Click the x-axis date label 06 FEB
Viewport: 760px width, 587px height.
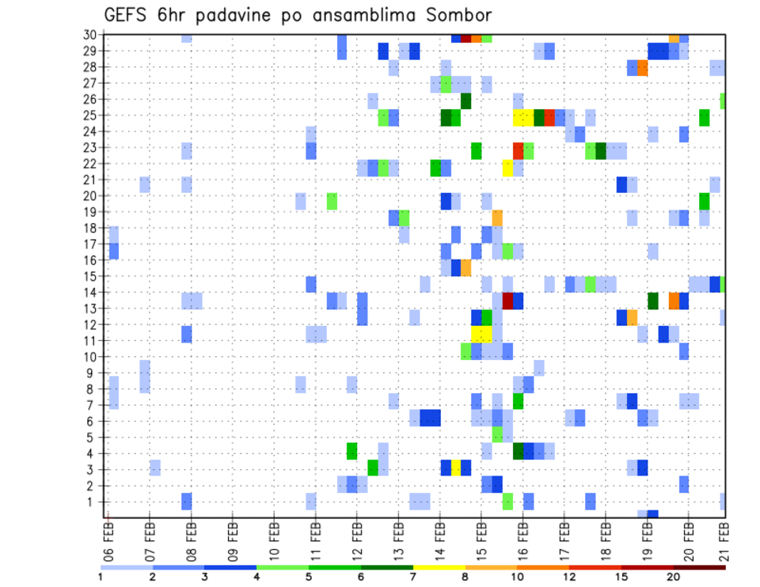108,538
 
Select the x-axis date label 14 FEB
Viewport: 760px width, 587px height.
440,538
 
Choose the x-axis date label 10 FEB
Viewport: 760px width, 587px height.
274,538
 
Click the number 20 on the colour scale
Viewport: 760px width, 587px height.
674,577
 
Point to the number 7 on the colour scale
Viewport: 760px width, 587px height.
413,577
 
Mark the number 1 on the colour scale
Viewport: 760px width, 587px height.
101,577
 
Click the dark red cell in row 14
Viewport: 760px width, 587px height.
507,301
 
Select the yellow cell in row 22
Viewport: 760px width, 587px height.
507,168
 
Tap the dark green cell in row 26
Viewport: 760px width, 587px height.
466,101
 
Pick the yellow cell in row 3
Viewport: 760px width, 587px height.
456,467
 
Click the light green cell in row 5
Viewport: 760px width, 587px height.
497,434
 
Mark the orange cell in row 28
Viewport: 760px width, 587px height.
642,68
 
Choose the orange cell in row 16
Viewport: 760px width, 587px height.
466,267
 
